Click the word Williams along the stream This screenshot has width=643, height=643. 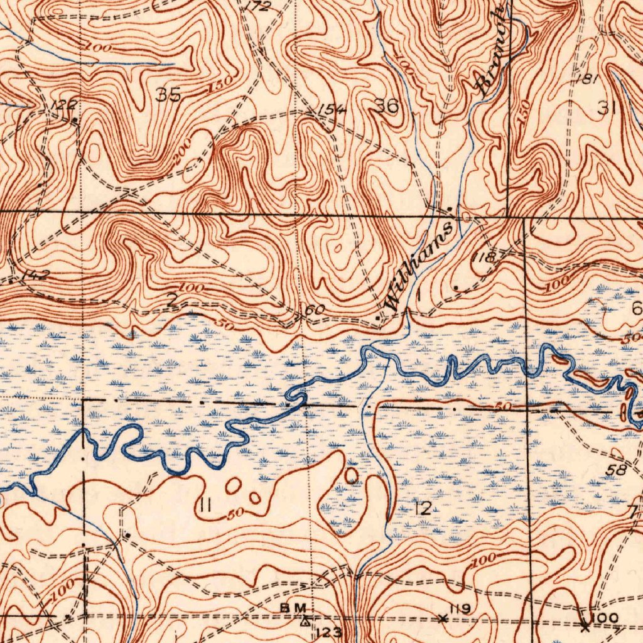click(419, 266)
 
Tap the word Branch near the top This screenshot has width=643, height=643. click(490, 51)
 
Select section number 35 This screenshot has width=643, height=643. click(168, 95)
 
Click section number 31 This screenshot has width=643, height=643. click(606, 108)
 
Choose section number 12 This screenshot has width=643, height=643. click(424, 508)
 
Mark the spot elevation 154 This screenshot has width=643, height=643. click(332, 109)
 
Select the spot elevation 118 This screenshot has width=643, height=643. click(485, 257)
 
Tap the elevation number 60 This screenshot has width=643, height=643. click(315, 310)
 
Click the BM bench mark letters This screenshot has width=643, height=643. click(293, 607)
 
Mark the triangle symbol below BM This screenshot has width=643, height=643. click(305, 622)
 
